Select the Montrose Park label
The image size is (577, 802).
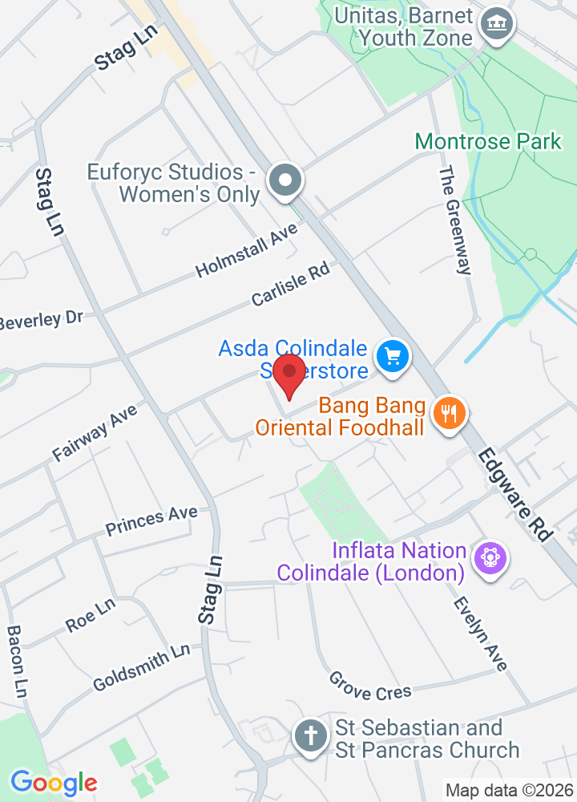[488, 142]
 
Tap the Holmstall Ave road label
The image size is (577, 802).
[246, 251]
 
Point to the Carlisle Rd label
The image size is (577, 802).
[291, 286]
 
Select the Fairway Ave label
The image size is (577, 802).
[95, 432]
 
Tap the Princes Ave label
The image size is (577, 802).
[151, 521]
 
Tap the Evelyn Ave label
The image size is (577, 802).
[480, 634]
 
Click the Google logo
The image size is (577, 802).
[54, 782]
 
